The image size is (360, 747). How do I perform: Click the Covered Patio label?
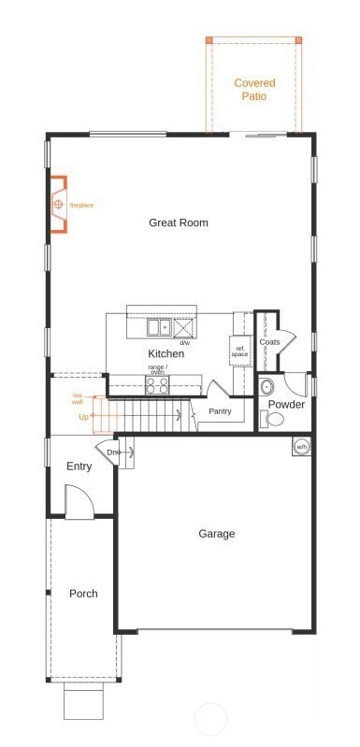[x=254, y=89]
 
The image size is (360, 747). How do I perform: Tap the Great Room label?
[x=179, y=223]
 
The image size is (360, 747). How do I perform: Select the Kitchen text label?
[x=166, y=353]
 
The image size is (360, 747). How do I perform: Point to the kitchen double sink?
[x=158, y=327]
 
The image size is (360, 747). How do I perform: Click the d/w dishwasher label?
[x=184, y=343]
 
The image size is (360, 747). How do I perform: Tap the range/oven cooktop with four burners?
[x=156, y=385]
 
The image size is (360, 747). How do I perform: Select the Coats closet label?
[x=269, y=342]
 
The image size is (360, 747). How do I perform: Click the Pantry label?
[x=220, y=411]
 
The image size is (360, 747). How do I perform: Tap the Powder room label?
[x=286, y=405]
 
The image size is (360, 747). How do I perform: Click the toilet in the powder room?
[x=273, y=419]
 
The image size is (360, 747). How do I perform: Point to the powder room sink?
[x=266, y=387]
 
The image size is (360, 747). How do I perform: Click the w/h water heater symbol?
[x=302, y=447]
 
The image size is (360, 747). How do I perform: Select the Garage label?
[x=216, y=534]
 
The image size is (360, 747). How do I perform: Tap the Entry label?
[x=79, y=467]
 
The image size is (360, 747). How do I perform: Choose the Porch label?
[x=83, y=594]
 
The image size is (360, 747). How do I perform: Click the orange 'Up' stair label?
[x=83, y=417]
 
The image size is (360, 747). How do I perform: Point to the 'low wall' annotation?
[x=78, y=398]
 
